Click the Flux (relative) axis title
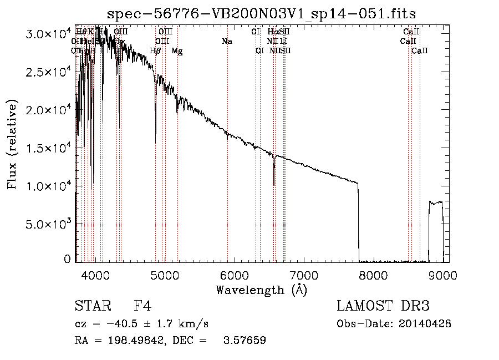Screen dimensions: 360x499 click(13, 145)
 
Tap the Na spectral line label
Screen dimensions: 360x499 click(227, 42)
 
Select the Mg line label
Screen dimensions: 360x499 click(177, 51)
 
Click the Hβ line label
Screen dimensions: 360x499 click(155, 51)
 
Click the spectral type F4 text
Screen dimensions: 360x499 click(142, 306)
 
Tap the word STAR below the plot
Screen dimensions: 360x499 click(92, 306)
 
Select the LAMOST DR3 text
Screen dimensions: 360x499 click(383, 306)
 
